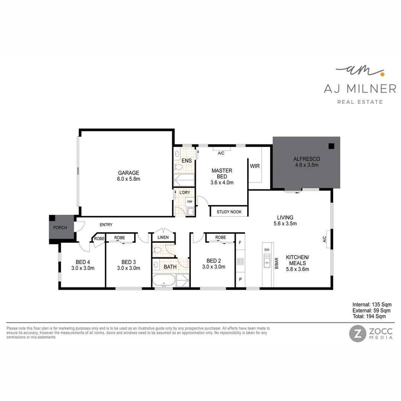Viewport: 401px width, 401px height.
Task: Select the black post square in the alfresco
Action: (331, 146)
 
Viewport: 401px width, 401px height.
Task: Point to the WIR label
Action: (255, 166)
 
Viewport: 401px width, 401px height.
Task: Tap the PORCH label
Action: (60, 228)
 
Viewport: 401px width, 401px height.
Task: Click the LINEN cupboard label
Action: (163, 237)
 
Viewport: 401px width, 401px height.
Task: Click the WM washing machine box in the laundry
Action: (189, 202)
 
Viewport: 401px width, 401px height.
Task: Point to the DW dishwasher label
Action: (267, 250)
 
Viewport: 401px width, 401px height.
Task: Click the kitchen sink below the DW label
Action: (267, 263)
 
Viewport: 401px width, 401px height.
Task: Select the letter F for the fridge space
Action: (240, 243)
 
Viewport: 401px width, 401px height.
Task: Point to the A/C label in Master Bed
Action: (221, 153)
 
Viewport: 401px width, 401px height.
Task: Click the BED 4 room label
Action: (83, 264)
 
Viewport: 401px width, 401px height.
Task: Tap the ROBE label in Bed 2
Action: (220, 237)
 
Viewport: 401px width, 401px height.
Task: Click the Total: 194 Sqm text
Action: (369, 316)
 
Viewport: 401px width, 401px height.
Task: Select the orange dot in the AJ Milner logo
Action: (381, 74)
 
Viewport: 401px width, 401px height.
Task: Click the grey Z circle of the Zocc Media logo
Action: (357, 333)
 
